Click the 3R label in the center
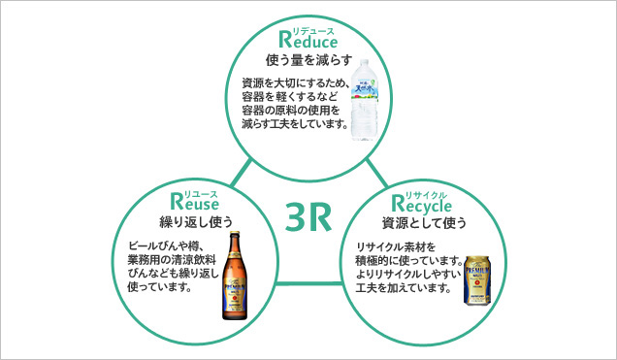(x=308, y=218)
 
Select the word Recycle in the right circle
(x=423, y=205)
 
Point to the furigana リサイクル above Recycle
(x=432, y=194)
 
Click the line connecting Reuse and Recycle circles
(x=308, y=283)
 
